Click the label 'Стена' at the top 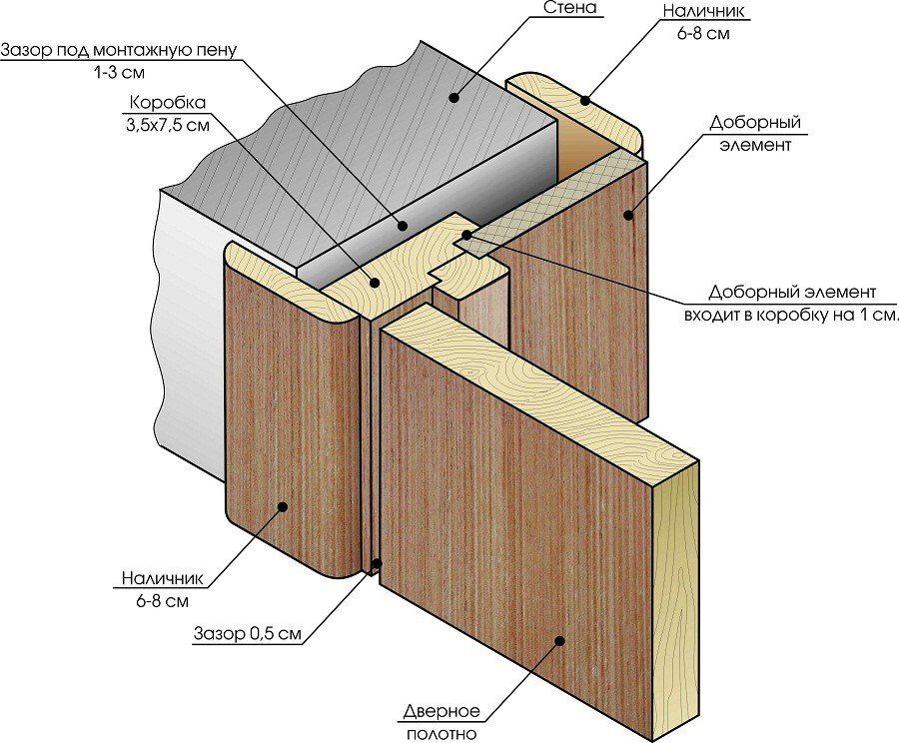point(571,9)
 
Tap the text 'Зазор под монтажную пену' point(119,50)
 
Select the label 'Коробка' point(168,103)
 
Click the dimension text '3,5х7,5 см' point(168,125)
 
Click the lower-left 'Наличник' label point(163,578)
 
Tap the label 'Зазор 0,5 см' point(245,633)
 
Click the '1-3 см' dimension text point(119,72)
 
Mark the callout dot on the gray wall point(454,97)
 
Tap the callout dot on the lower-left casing point(284,507)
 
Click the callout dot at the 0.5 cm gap point(377,564)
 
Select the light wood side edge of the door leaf point(677,599)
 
